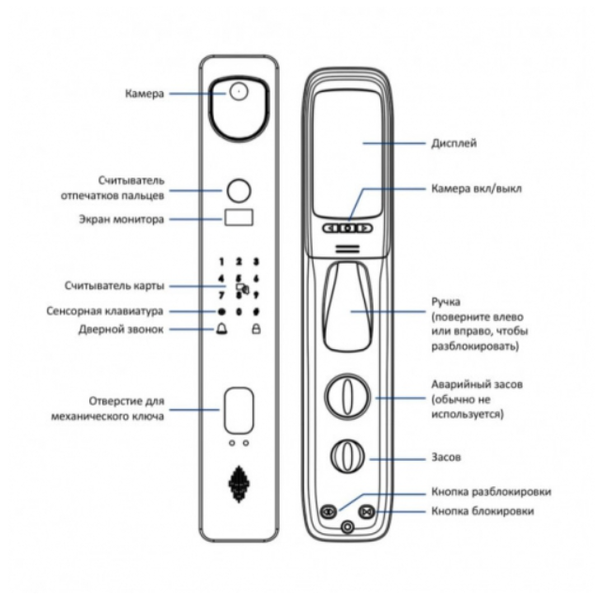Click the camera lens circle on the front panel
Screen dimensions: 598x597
238,91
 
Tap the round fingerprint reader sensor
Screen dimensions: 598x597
238,191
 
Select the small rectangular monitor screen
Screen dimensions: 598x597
238,217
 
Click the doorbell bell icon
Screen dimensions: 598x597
222,329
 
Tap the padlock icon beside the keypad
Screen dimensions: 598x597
256,329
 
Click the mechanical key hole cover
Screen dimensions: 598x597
238,410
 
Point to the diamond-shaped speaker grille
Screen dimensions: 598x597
238,484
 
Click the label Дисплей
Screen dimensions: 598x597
453,144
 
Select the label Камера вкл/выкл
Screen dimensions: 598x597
476,189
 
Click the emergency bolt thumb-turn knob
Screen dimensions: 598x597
347,396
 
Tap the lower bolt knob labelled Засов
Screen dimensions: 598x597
347,456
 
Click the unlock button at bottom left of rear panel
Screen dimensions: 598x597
329,511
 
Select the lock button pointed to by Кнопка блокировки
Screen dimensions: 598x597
367,512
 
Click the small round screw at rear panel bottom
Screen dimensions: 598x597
347,528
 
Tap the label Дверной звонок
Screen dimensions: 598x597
121,329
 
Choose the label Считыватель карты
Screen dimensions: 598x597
115,285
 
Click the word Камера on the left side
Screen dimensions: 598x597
145,94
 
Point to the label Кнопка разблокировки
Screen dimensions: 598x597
491,492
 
